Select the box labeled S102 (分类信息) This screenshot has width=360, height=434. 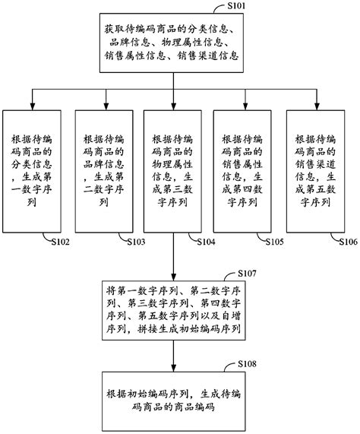[32, 172]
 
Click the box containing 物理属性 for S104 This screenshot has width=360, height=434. [174, 172]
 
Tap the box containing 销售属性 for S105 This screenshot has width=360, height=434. [243, 172]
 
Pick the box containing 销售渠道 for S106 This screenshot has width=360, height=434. [314, 172]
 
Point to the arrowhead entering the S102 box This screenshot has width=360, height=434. [32, 104]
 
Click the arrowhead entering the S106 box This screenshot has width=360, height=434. [314, 104]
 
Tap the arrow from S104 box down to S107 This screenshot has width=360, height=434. [174, 258]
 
